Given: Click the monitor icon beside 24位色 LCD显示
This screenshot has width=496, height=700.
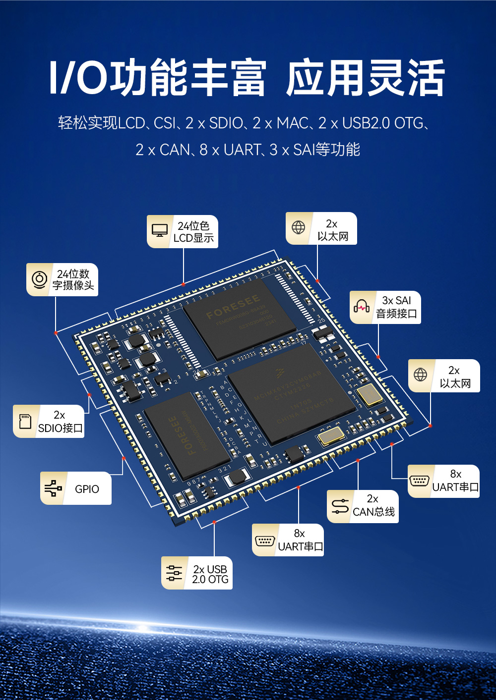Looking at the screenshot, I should (160, 231).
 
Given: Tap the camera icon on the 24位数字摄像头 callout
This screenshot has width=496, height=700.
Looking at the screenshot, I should (39, 279).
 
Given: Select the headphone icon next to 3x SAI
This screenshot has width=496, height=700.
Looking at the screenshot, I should (362, 307).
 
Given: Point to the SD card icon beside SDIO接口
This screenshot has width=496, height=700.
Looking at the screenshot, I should (25, 421).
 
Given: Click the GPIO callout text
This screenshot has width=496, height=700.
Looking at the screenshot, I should (87, 489).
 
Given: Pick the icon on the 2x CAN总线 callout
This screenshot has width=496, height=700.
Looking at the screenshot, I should (340, 506).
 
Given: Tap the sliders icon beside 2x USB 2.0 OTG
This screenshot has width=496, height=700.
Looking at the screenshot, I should (174, 573).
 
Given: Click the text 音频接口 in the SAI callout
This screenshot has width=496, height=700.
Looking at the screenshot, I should (396, 314).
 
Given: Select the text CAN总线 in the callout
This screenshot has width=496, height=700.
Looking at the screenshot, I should (373, 512).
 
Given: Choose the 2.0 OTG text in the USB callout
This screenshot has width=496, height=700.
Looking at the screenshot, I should (210, 580).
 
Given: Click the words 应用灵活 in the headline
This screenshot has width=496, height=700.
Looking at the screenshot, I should (365, 78).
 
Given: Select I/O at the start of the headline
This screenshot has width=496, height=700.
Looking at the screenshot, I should (78, 78).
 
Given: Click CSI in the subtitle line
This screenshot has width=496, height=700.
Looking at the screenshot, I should (165, 123).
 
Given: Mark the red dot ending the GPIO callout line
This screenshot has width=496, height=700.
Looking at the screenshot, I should (124, 458).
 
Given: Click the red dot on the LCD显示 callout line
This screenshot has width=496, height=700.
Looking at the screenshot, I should (184, 284).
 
